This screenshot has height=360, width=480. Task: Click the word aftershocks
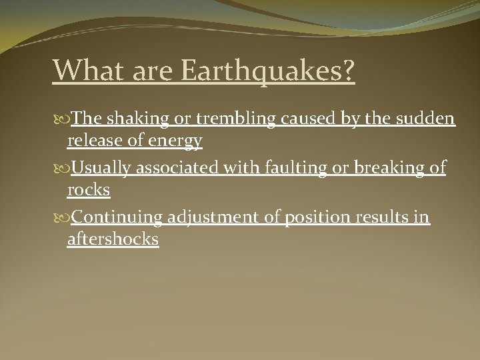113,239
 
